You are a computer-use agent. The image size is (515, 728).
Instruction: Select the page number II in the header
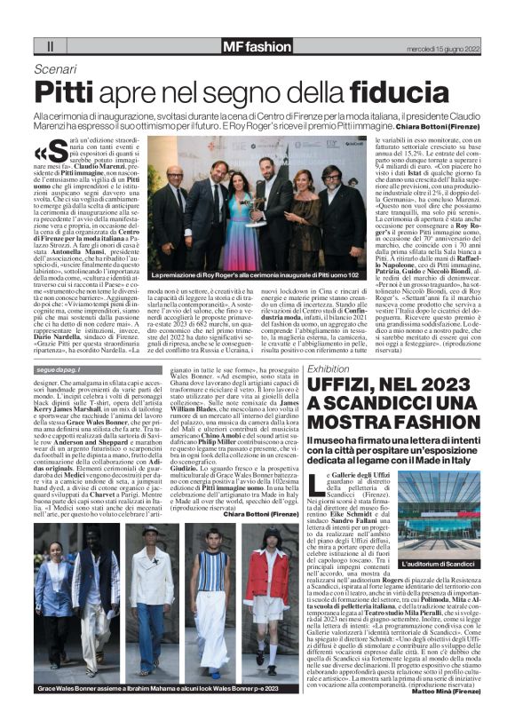click(50, 46)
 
